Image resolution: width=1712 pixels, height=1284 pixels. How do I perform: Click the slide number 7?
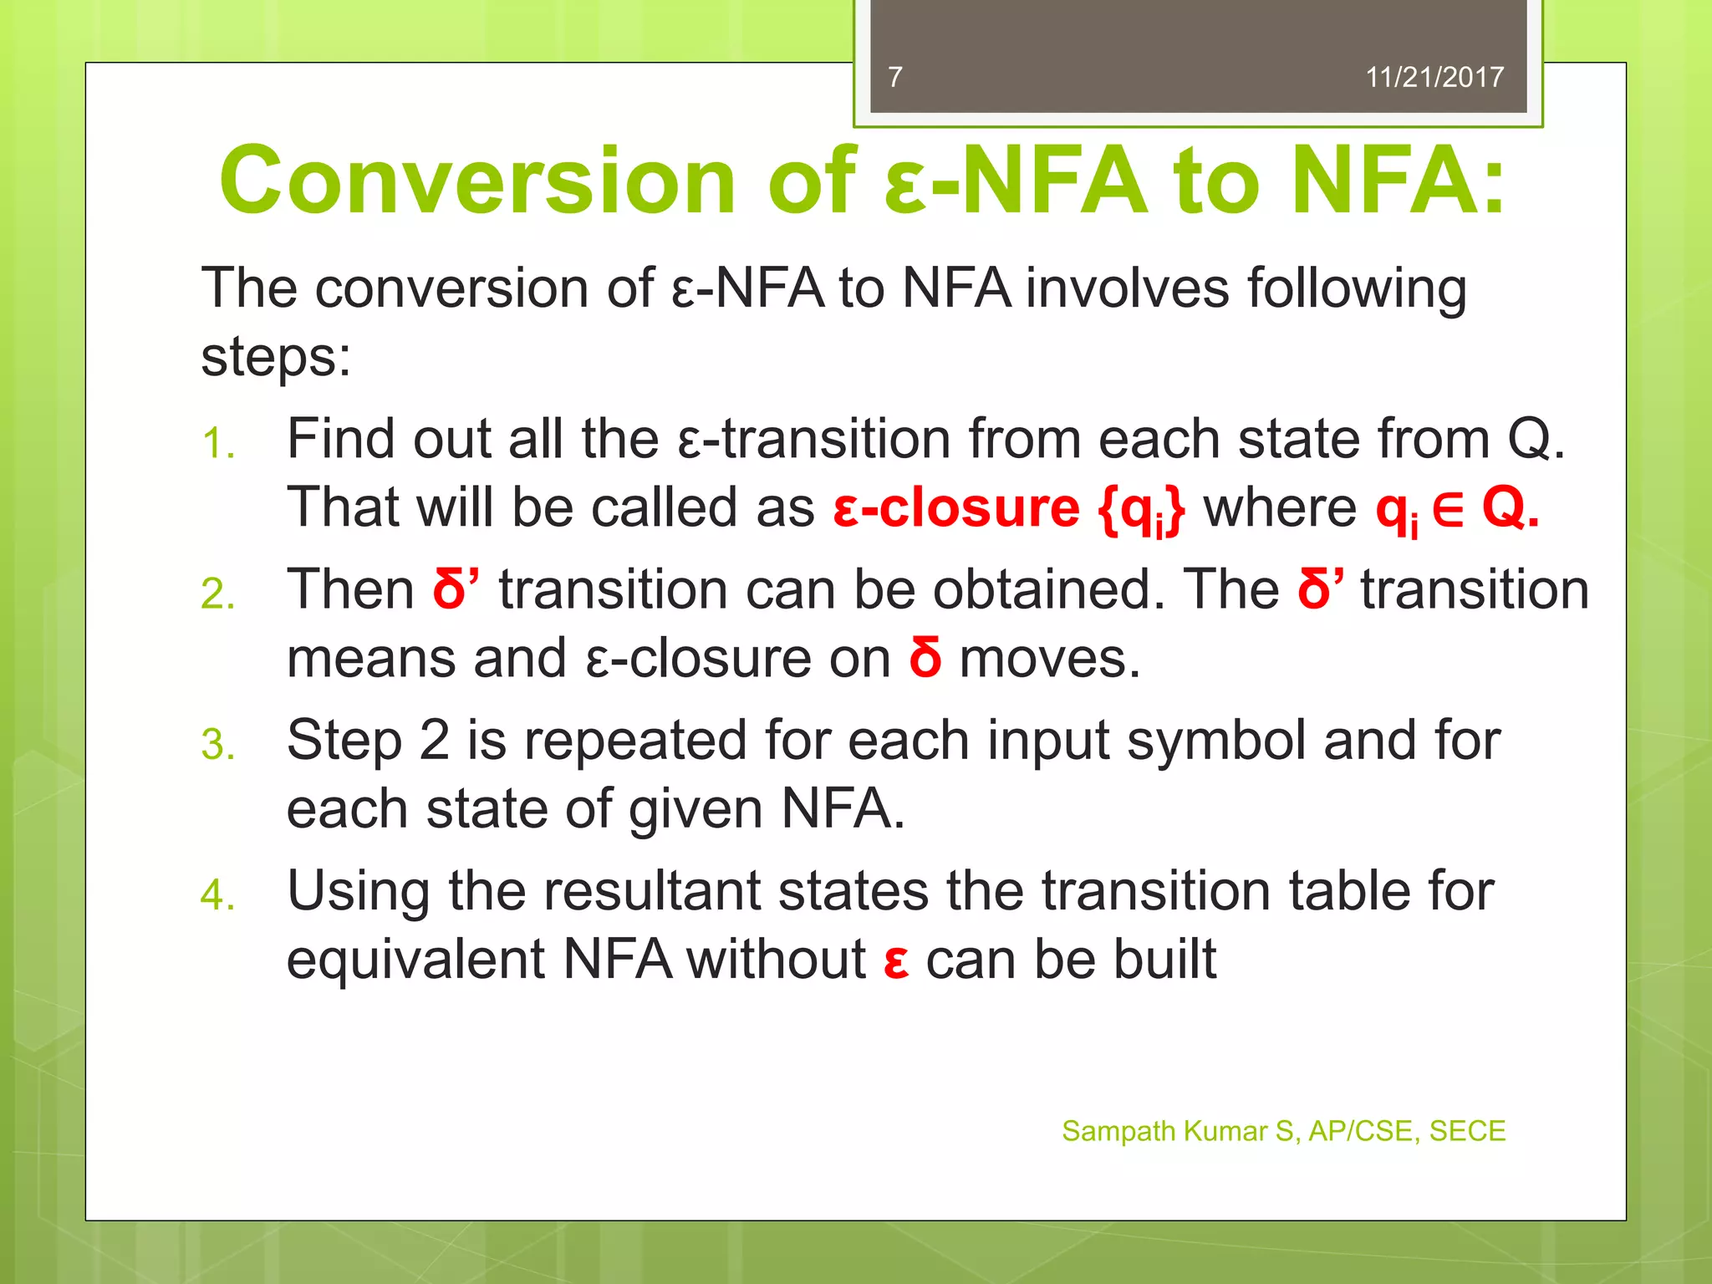[895, 77]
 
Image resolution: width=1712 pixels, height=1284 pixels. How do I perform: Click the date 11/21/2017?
[1434, 77]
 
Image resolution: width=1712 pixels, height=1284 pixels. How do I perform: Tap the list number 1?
[217, 443]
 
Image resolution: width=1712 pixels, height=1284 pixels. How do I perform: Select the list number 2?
[217, 594]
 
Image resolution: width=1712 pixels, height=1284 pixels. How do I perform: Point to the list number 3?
[217, 744]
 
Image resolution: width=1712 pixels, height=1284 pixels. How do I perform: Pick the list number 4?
[217, 895]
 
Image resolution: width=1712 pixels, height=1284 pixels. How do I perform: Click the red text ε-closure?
[956, 508]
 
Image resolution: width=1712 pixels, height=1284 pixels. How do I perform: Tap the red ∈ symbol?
[1448, 509]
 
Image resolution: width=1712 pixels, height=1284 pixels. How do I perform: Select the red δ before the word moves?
[925, 658]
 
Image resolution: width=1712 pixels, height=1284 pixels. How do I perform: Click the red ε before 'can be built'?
[896, 961]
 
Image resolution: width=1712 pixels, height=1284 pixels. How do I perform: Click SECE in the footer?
[1467, 1131]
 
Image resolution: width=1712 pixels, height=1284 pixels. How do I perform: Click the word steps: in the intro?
[276, 357]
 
